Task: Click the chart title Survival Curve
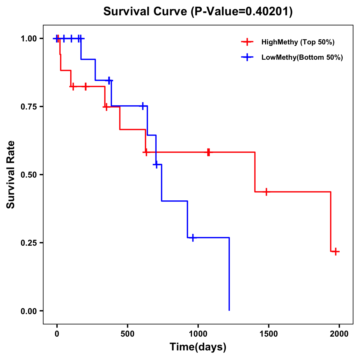tap(146, 11)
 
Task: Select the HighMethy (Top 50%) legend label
tap(298, 42)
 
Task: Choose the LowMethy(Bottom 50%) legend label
tap(302, 57)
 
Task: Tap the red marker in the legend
tap(247, 42)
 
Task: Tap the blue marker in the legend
tap(247, 57)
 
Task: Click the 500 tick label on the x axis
tap(127, 334)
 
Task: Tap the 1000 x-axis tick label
tap(198, 334)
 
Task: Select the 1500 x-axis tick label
tap(268, 334)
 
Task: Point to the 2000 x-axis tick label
tap(339, 334)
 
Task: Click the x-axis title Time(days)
tap(198, 347)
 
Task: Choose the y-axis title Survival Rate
tap(11, 175)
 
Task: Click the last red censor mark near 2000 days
tap(336, 251)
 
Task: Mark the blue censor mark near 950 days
tap(193, 238)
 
